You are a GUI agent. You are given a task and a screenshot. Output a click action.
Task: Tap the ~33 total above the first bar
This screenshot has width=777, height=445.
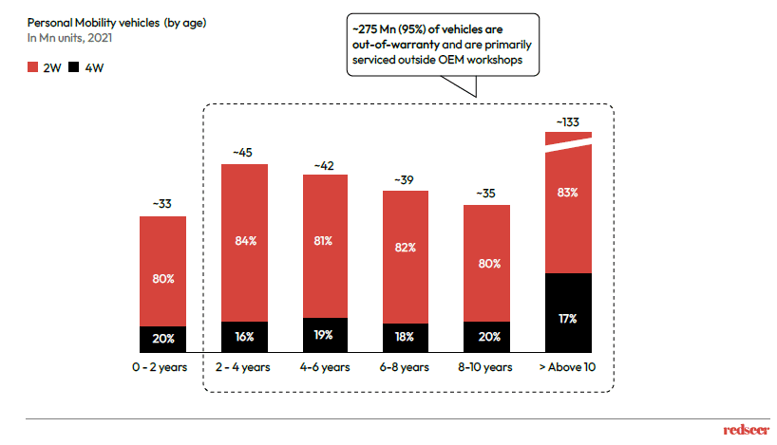pos(162,203)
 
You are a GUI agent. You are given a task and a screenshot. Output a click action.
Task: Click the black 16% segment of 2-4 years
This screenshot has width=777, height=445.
pos(244,337)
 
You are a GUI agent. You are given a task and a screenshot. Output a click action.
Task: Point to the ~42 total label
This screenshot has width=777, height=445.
pos(325,165)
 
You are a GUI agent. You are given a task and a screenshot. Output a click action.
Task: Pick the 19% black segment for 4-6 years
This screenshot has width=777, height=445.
pos(325,334)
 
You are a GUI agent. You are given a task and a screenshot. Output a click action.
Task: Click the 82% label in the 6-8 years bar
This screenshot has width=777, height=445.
pos(406,248)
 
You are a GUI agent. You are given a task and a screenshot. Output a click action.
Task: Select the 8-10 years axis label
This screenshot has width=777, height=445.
pos(487,367)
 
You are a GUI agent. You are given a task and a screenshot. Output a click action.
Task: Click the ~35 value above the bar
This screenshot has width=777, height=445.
pos(487,194)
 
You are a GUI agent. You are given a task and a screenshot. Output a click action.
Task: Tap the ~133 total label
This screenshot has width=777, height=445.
pos(568,121)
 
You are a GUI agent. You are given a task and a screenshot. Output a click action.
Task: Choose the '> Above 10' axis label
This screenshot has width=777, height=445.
pos(568,367)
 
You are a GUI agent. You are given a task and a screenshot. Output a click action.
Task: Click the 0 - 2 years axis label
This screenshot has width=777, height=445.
pos(162,367)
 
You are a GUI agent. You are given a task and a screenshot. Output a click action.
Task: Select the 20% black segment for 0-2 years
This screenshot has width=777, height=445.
pos(162,339)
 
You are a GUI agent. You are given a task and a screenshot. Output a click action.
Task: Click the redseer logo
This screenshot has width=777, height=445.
pos(742,430)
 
